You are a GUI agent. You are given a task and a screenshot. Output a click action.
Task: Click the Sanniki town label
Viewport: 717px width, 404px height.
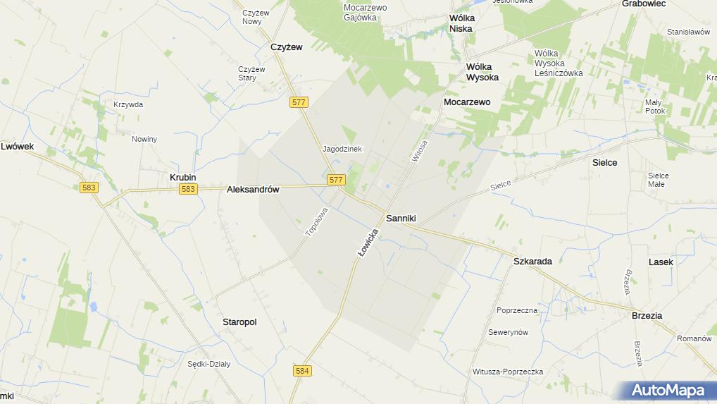point(401,219)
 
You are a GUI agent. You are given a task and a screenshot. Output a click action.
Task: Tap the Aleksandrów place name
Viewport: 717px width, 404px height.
point(253,190)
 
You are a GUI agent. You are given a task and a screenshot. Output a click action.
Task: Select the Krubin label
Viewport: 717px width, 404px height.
point(182,178)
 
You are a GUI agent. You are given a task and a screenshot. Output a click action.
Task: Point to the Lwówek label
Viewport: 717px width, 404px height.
point(18,147)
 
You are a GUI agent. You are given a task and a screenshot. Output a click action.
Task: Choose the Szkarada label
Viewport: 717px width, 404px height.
point(532,261)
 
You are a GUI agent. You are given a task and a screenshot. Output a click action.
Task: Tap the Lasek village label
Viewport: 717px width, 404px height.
point(661,262)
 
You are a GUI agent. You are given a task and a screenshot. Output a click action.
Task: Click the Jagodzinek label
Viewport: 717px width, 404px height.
point(342,149)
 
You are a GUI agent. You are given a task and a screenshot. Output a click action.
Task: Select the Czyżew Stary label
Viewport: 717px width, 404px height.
point(251,73)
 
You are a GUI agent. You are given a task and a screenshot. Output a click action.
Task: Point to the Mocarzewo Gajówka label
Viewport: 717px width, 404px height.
point(366,12)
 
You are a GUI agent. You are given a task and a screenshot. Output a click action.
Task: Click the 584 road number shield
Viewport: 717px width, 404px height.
point(303,371)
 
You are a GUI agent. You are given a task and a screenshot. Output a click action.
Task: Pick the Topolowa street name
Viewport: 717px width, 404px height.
point(316,221)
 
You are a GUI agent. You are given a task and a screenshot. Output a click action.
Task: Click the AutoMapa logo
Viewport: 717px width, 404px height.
point(668,390)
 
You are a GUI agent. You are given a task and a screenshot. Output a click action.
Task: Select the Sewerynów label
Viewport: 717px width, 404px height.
point(507,333)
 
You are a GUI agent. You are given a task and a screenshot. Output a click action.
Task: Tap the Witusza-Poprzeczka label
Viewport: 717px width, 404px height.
point(507,372)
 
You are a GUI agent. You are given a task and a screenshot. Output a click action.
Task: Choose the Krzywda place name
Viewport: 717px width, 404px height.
point(128,105)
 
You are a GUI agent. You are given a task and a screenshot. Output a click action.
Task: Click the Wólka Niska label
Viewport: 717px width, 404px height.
point(461,23)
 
